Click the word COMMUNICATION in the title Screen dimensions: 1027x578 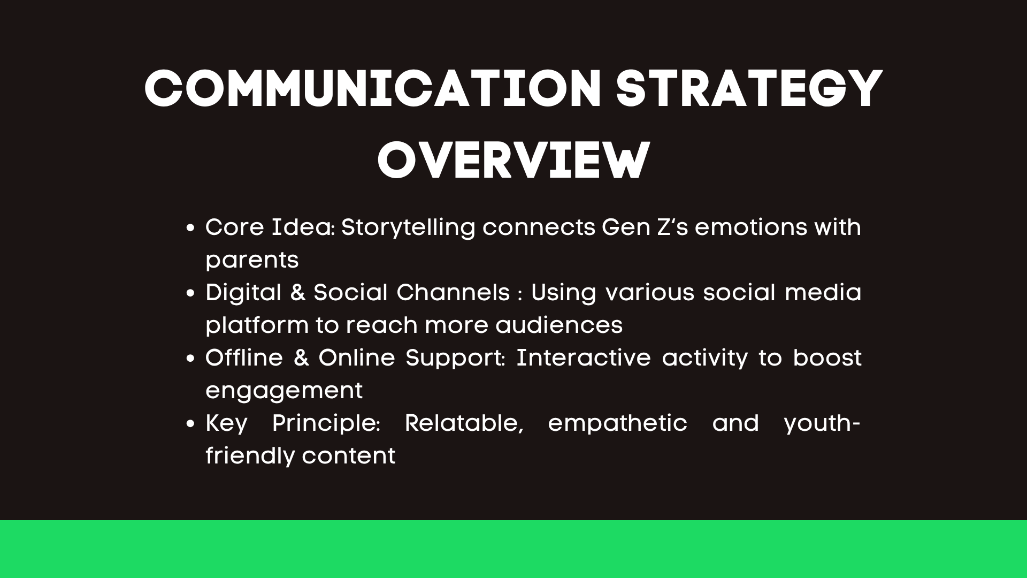[373, 89]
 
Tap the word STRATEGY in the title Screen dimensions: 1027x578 [749, 89]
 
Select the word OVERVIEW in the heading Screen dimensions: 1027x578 [513, 160]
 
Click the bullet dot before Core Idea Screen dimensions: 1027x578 [190, 229]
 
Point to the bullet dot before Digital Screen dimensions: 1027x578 [190, 294]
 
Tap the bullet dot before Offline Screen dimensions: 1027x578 [190, 359]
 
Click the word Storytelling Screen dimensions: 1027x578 [408, 228]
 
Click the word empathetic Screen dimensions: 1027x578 [618, 424]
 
